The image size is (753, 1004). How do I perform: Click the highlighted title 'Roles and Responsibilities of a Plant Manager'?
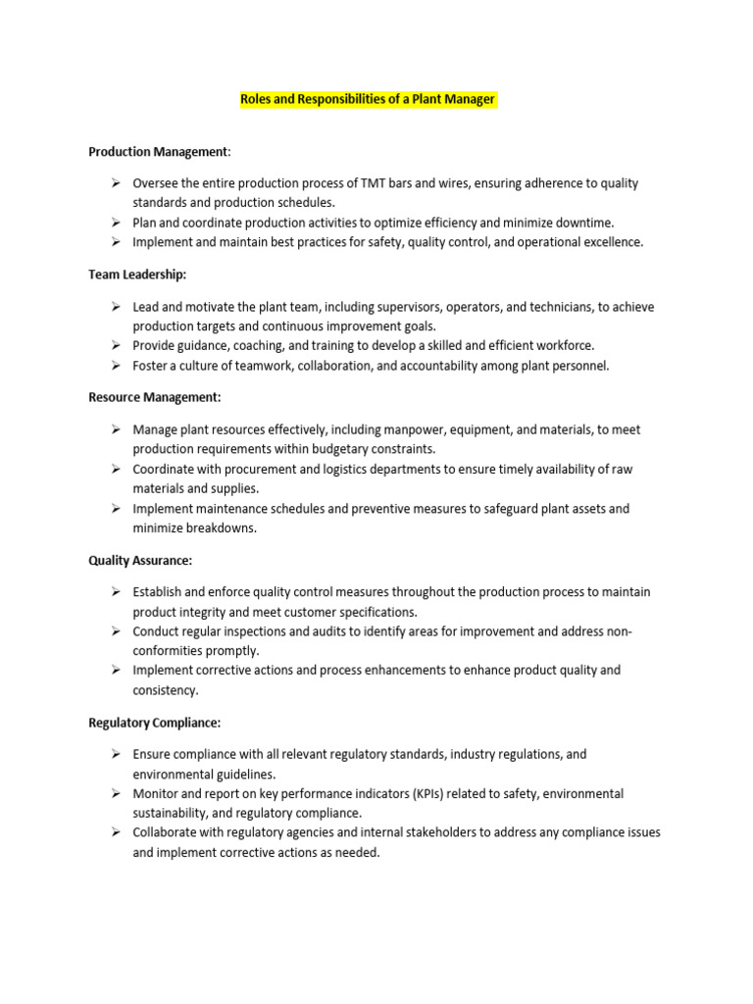[x=369, y=99]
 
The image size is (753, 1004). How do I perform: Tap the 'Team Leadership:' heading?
[x=137, y=276]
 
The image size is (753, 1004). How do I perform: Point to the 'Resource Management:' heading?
[x=155, y=397]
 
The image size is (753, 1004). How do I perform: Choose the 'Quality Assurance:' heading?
[x=140, y=560]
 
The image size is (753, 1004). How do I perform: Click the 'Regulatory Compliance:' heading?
[x=155, y=723]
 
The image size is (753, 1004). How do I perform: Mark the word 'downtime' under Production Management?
[x=586, y=223]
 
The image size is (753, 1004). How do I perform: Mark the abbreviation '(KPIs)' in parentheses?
[x=425, y=793]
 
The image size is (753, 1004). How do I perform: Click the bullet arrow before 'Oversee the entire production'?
[x=115, y=183]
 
